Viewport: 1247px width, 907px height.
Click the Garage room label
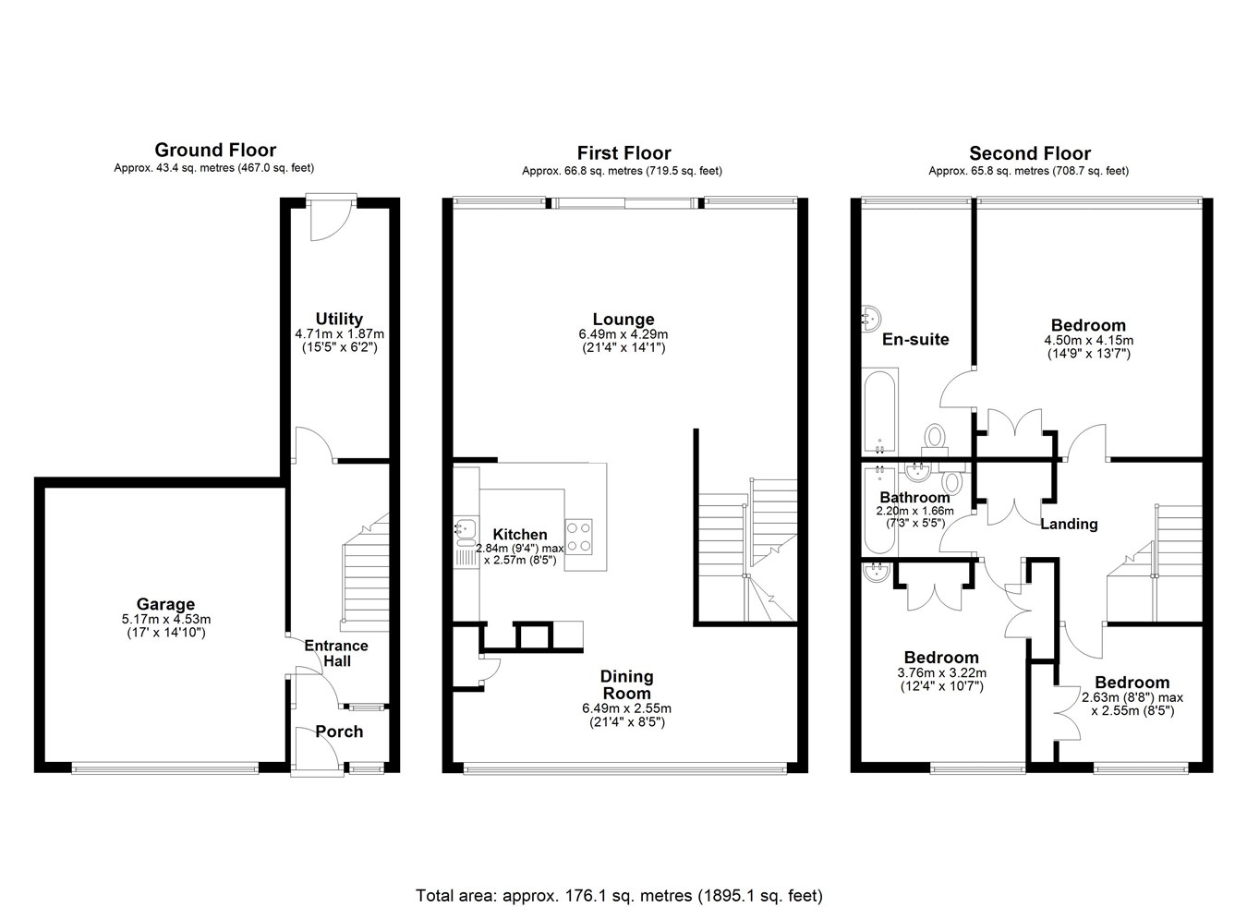tap(165, 604)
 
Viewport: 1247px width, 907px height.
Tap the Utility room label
tap(339, 319)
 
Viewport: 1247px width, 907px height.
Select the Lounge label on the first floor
tap(623, 320)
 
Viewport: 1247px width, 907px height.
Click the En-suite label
tap(915, 339)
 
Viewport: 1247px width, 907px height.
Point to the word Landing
tap(1069, 525)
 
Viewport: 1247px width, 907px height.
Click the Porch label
tap(339, 732)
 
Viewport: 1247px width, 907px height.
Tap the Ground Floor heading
tap(215, 151)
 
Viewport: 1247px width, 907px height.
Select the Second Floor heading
tap(1030, 153)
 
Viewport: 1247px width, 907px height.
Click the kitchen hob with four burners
tap(578, 538)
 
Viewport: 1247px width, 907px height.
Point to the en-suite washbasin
tap(871, 319)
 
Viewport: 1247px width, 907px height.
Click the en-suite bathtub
tap(879, 410)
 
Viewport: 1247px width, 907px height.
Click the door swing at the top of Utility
tap(331, 222)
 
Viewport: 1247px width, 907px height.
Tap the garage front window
tap(165, 768)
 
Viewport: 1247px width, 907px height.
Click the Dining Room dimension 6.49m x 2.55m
tap(627, 708)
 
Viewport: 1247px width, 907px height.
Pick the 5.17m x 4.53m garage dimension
tap(166, 619)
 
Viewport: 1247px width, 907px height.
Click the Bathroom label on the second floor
tap(914, 497)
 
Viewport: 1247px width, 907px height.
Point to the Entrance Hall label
tap(336, 654)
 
